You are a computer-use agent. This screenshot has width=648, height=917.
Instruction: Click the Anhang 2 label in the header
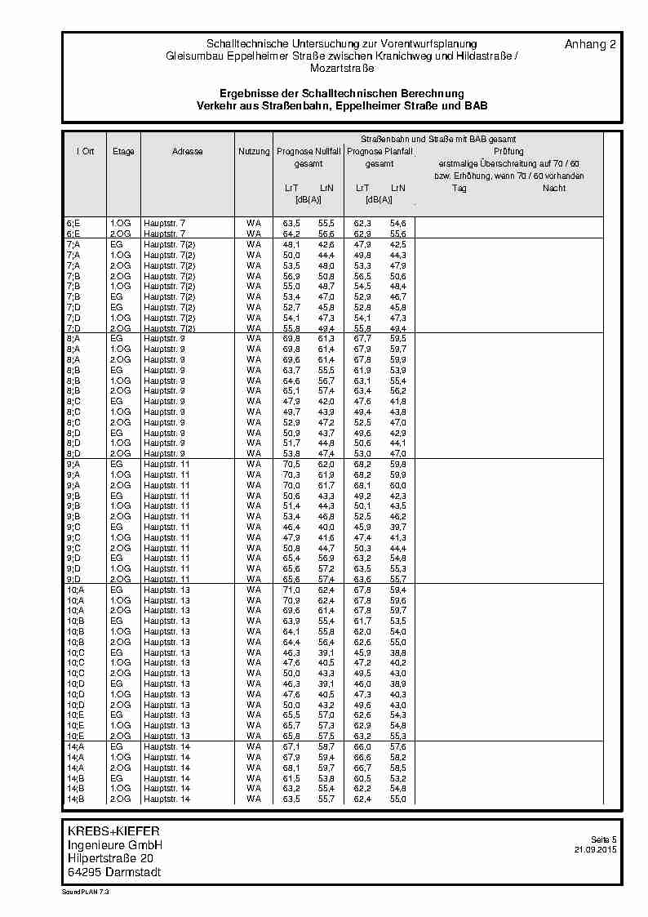point(589,45)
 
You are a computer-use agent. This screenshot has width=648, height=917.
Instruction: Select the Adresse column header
point(188,152)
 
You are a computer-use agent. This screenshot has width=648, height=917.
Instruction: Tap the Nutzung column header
point(254,152)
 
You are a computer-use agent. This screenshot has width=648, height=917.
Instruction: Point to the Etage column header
point(123,152)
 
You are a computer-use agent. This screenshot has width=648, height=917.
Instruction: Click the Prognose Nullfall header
point(309,152)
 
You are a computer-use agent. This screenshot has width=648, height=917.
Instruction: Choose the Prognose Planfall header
point(379,152)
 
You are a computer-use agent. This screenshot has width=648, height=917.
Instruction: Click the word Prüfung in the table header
point(508,152)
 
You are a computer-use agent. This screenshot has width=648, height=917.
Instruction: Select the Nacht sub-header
point(554,188)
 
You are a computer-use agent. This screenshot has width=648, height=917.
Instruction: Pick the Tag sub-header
point(459,188)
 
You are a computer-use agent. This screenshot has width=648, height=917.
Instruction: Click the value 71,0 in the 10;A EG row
point(291,590)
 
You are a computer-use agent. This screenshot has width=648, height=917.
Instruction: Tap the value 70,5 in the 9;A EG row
point(291,464)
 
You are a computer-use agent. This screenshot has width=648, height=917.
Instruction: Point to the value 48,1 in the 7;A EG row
point(291,244)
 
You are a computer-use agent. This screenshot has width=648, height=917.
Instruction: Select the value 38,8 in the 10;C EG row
point(397,652)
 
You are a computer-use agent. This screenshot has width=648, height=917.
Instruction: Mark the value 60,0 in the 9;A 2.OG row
point(397,485)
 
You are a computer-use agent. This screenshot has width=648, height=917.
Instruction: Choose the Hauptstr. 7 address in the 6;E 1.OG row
point(164,223)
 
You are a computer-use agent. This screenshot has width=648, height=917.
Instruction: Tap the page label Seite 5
point(604,839)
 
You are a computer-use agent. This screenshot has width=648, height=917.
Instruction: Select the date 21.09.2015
point(596,850)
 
